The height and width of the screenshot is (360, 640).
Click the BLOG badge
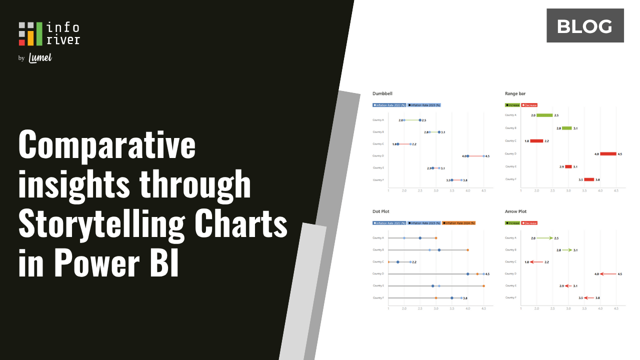[x=585, y=25]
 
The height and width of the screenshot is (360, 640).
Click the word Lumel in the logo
[x=40, y=58]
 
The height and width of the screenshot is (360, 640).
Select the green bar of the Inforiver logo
[x=39, y=33]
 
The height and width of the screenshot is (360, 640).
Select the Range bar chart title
[x=515, y=93]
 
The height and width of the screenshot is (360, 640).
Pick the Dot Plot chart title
[x=381, y=211]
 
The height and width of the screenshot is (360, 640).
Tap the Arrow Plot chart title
[x=516, y=211]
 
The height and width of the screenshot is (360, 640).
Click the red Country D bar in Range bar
[x=608, y=154]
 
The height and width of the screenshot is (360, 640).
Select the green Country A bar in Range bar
[x=544, y=115]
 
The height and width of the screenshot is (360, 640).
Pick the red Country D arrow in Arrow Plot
[x=607, y=274]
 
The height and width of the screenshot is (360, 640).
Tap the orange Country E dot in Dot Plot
[x=483, y=286]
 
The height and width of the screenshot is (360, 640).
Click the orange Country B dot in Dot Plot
[x=467, y=250]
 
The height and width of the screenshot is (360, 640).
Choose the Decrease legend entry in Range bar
[x=529, y=105]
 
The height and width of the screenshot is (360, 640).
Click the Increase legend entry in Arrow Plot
[x=513, y=223]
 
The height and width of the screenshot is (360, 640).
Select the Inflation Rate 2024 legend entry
[x=459, y=223]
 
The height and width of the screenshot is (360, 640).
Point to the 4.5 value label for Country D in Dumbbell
[x=487, y=156]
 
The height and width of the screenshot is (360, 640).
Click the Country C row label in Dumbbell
[x=378, y=144]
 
